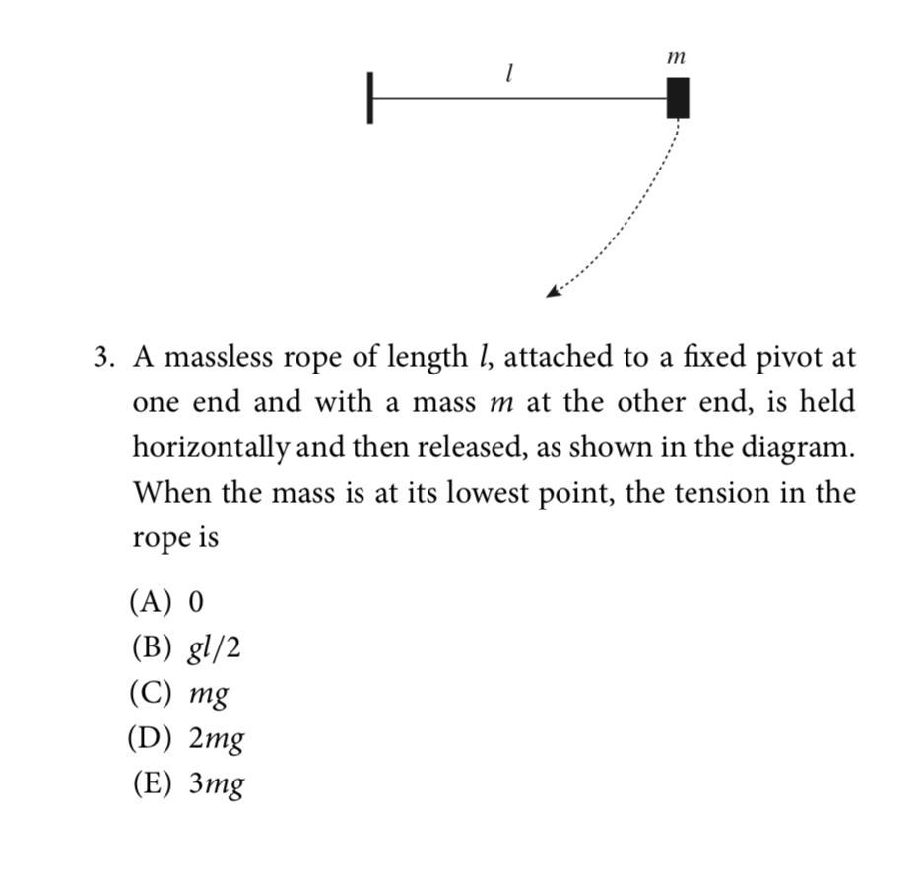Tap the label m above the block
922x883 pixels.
coord(676,60)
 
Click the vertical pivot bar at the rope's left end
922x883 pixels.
coord(370,98)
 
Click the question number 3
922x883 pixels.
coord(101,357)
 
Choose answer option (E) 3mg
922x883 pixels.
coord(186,785)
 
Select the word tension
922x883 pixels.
coord(707,493)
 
